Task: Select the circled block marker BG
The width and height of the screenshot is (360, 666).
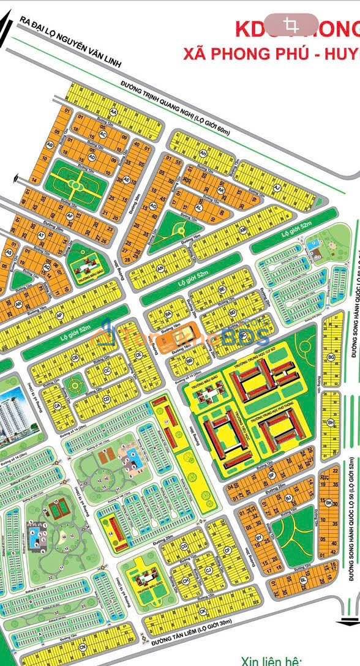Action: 331,356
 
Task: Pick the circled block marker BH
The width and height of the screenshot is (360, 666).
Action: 331,422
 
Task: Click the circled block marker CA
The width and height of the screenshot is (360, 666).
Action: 57,406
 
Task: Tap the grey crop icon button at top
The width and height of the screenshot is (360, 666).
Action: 291,25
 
